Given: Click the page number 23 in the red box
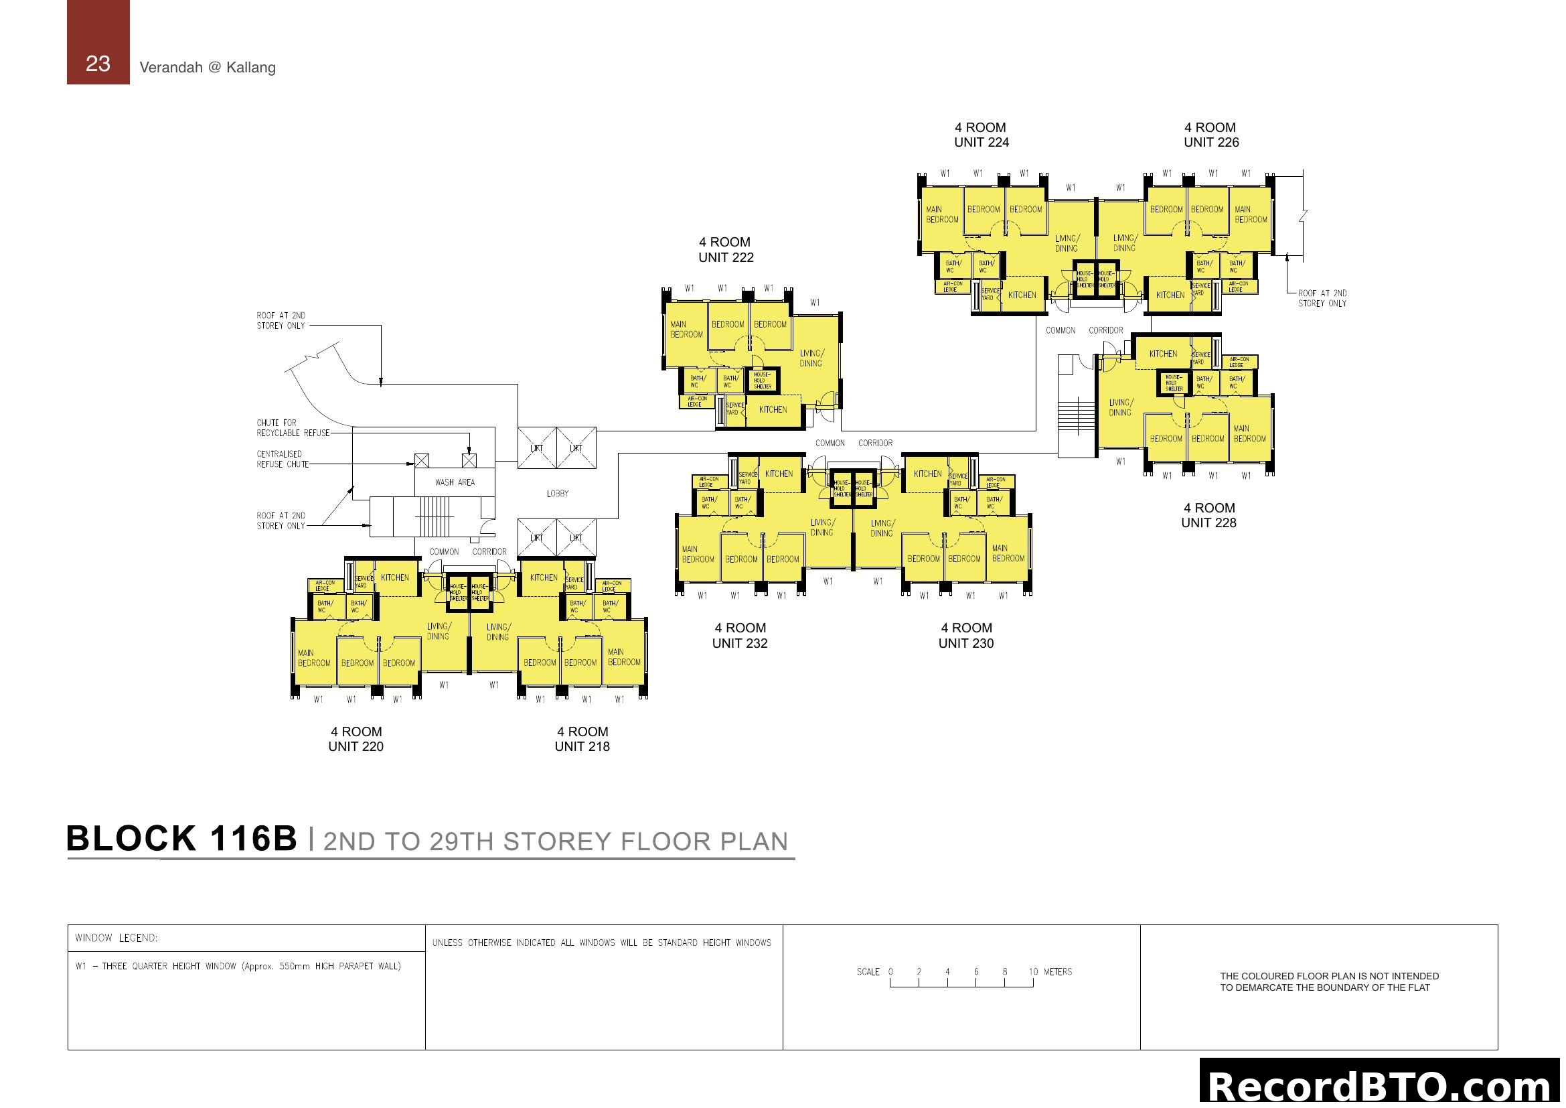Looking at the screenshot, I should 98,64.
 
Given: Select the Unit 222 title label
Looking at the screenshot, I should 725,250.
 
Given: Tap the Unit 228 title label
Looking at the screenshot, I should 1208,515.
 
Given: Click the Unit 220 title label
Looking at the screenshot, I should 356,739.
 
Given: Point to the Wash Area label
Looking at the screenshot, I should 455,482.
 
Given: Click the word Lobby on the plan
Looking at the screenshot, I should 557,493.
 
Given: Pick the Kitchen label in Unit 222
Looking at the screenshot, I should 773,409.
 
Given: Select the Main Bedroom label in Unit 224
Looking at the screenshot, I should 942,214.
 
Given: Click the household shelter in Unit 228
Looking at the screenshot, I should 1174,383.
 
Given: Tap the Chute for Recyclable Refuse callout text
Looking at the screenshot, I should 293,428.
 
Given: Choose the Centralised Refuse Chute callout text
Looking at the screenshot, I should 283,459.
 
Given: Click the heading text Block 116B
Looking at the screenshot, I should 181,839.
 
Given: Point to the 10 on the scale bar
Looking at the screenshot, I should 1033,971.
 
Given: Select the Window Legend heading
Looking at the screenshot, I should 116,938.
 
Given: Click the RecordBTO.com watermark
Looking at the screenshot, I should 1381,1087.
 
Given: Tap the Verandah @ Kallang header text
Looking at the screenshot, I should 208,68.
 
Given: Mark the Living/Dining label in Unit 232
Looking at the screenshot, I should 822,527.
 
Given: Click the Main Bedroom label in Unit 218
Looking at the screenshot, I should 623,657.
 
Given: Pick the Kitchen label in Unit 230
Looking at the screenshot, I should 927,474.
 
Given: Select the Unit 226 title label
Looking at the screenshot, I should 1210,135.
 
